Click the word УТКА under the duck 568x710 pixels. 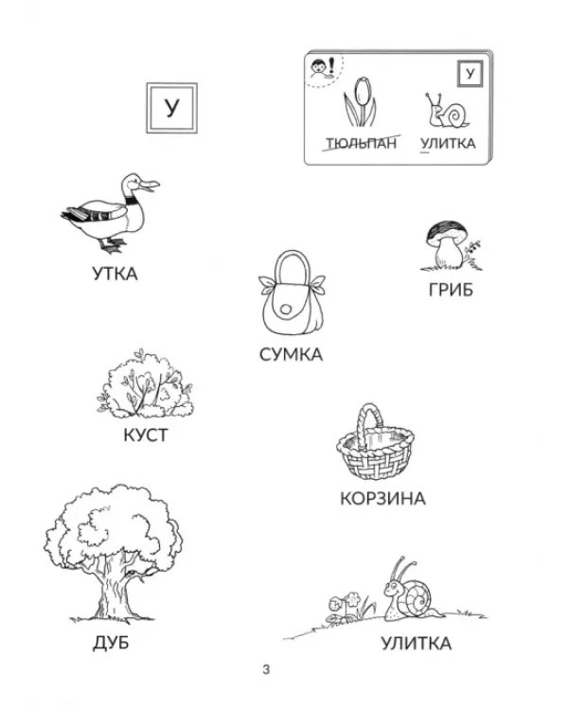115,274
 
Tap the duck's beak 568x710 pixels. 151,185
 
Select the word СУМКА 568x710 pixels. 291,354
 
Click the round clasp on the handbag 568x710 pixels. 286,310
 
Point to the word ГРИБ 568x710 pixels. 451,290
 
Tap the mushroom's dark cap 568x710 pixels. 447,230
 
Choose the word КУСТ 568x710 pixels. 146,435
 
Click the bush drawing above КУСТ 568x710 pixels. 145,384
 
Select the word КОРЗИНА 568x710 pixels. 382,499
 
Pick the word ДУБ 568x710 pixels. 111,643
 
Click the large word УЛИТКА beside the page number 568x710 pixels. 416,644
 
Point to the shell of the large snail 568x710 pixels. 419,597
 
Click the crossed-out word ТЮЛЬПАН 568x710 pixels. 361,143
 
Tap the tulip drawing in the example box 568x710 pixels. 360,102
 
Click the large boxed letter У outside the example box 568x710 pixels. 171,108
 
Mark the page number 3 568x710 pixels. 266,669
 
